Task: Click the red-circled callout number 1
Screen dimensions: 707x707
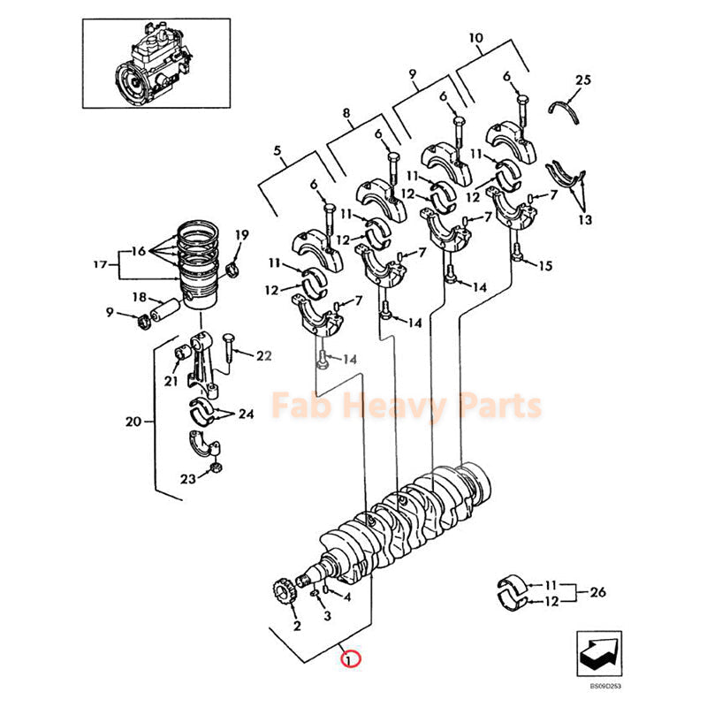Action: (351, 658)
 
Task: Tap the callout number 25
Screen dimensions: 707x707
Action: (582, 80)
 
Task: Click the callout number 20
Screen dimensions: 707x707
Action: (133, 422)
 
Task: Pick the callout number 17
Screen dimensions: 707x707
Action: (100, 263)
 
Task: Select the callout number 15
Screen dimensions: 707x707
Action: (545, 265)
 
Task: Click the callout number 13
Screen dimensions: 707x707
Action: (585, 218)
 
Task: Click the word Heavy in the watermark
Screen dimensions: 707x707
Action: (407, 407)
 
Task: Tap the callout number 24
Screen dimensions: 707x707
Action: (246, 414)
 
